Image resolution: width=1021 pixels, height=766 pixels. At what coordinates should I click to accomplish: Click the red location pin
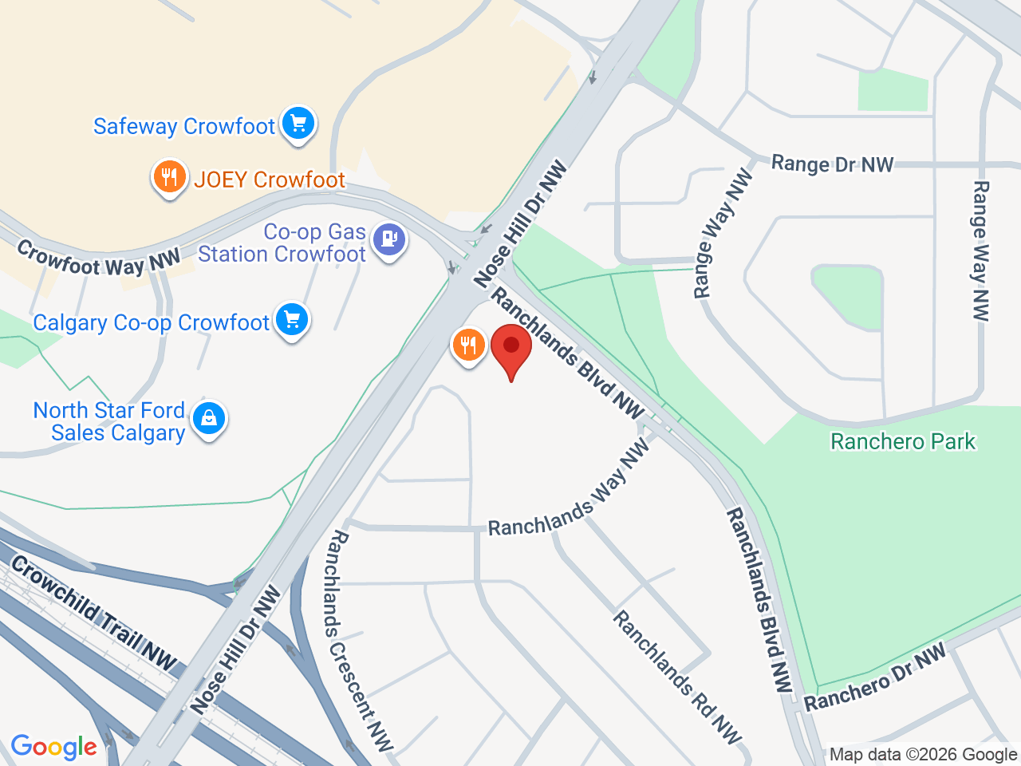click(x=511, y=350)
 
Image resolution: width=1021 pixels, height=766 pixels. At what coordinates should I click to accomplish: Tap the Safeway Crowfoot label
click(x=184, y=126)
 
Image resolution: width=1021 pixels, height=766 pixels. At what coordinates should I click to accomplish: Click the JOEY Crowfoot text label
click(x=270, y=180)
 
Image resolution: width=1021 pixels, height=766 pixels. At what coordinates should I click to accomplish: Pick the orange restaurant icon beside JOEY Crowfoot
click(x=169, y=177)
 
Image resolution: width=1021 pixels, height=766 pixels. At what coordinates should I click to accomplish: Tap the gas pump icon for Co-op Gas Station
click(x=389, y=239)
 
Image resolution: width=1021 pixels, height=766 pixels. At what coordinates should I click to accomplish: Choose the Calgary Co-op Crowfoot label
click(x=152, y=322)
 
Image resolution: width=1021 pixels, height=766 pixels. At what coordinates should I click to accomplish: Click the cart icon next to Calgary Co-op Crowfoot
click(x=292, y=319)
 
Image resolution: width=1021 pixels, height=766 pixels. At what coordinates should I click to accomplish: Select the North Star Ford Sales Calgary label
click(x=110, y=421)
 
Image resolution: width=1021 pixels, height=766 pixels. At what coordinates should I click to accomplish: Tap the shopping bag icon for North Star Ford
click(x=209, y=417)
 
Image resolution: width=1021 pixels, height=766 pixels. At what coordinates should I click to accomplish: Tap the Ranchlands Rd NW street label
click(x=677, y=677)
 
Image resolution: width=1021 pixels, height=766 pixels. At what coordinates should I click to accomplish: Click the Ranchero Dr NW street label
click(x=874, y=677)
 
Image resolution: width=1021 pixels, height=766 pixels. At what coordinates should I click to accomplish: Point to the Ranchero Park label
click(x=903, y=441)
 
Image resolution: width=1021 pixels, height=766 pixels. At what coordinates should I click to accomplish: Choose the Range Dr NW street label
click(x=832, y=164)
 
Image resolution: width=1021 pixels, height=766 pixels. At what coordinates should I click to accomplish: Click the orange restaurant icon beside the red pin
click(x=468, y=345)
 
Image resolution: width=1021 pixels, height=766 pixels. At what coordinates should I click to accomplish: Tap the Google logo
click(x=53, y=748)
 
